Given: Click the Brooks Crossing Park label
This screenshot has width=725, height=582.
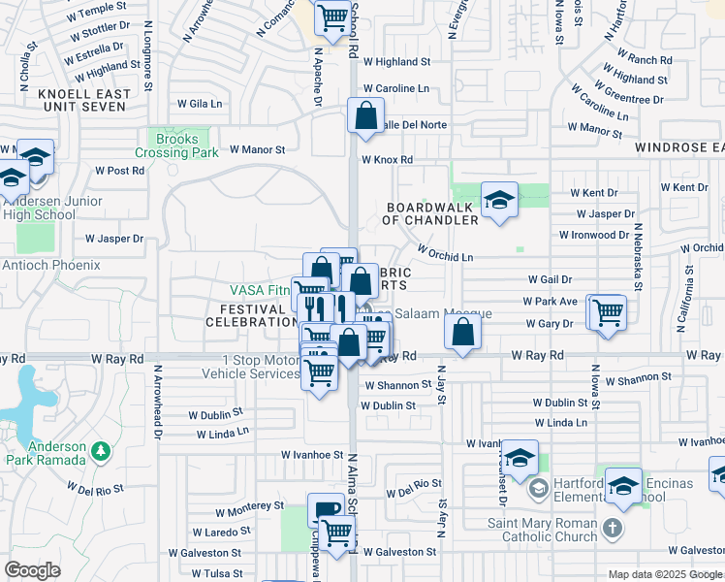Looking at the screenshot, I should [x=183, y=146].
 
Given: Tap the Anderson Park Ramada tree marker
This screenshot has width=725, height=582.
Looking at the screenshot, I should [x=98, y=451].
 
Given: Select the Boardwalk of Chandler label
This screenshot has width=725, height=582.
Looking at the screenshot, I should [x=431, y=213].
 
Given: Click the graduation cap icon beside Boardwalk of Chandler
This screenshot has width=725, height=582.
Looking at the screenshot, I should [x=500, y=200].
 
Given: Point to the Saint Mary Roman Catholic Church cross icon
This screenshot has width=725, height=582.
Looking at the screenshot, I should [x=612, y=529].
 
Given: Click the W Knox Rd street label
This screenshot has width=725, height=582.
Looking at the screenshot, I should [x=387, y=160].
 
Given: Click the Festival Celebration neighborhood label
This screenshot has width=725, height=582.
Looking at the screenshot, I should [x=250, y=315].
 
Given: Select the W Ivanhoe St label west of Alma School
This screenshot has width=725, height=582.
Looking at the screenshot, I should [x=313, y=454].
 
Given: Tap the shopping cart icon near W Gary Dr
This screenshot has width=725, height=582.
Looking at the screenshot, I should [x=608, y=313].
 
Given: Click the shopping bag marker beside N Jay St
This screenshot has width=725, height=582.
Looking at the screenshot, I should [x=464, y=334].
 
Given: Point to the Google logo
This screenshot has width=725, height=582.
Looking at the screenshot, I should [x=33, y=570].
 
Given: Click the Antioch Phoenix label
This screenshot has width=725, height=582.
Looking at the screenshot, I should [x=50, y=265].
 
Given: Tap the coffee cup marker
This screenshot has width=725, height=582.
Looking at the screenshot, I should [x=326, y=509].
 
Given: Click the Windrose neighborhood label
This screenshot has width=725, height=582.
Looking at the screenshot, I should [x=679, y=147].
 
